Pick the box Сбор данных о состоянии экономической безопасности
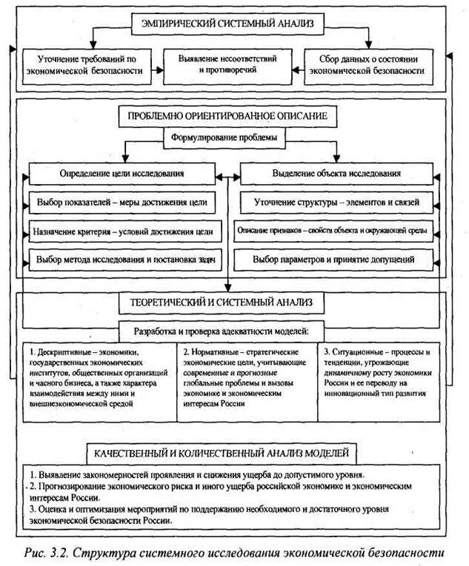tap(370, 64)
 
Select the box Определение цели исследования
tap(122, 173)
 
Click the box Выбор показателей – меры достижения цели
tap(122, 201)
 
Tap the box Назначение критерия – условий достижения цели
tap(122, 231)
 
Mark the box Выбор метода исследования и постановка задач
tap(122, 260)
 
